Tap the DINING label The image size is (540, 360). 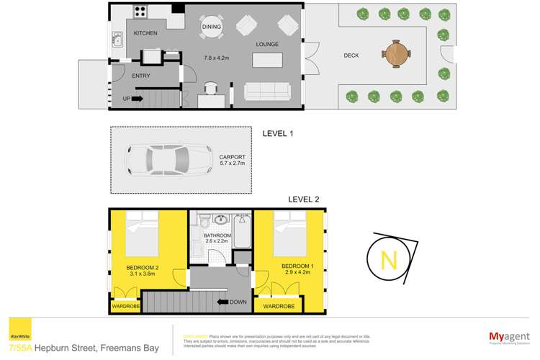click(x=212, y=27)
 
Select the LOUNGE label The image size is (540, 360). click(x=266, y=45)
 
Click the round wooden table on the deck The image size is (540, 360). click(x=397, y=53)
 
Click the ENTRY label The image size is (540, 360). click(x=120, y=74)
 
